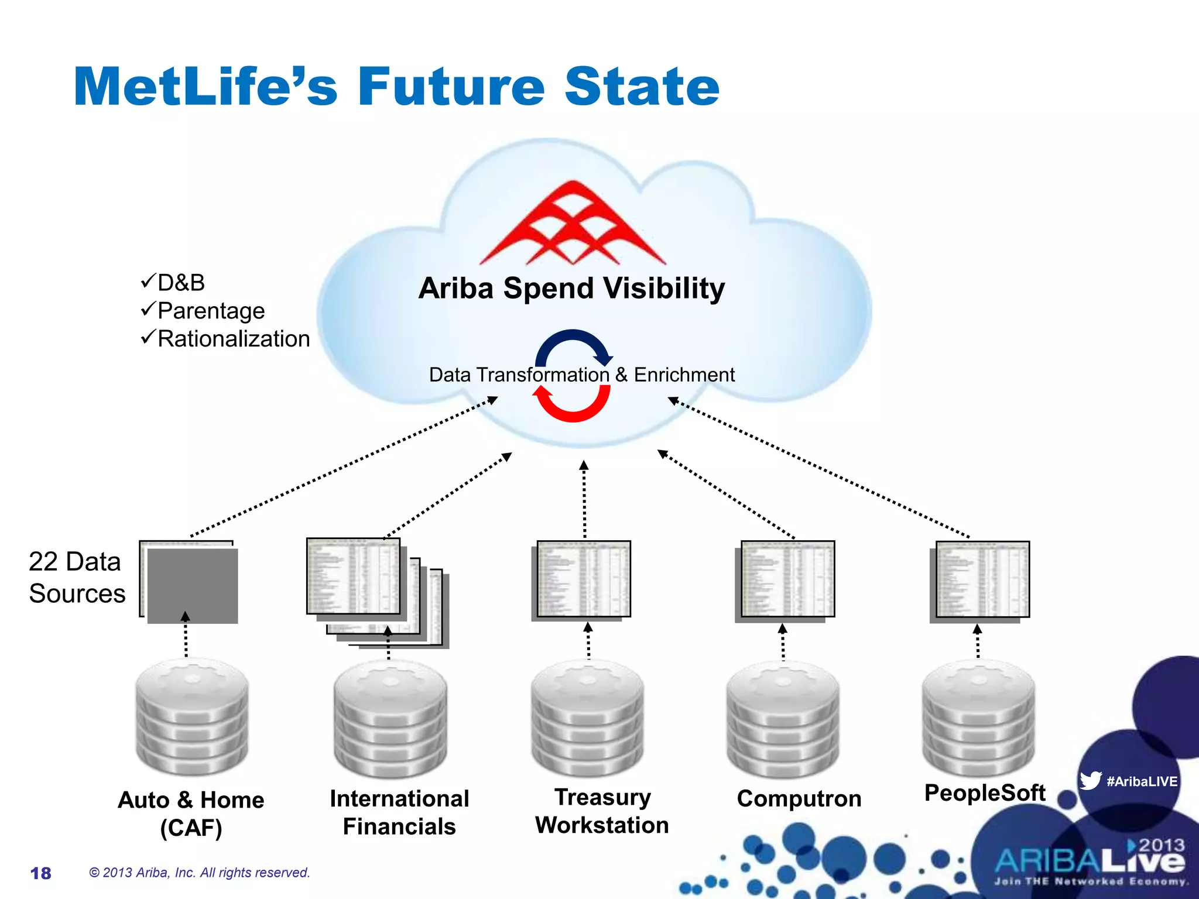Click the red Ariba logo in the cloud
click(x=573, y=225)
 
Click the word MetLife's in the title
click(x=205, y=87)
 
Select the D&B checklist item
click(x=174, y=283)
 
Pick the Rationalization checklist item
click(x=225, y=339)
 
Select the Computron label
click(x=799, y=798)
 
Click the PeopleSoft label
click(x=984, y=792)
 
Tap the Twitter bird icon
click(x=1091, y=780)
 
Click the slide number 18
click(x=41, y=873)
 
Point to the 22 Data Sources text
click(x=76, y=577)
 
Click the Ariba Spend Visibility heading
click(x=571, y=288)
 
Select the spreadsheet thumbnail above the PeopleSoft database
click(x=982, y=579)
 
